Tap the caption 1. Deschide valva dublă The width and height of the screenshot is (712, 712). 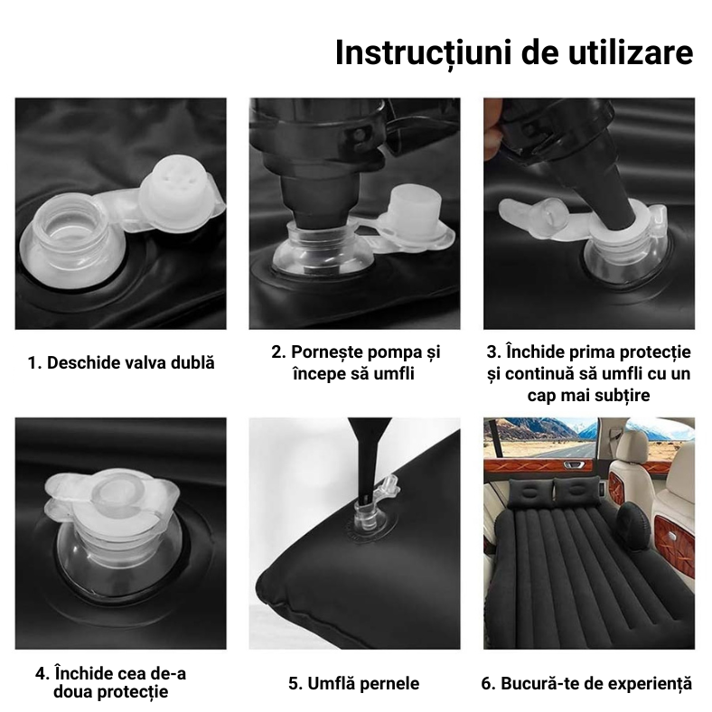121,362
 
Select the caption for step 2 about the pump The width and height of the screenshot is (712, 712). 355,362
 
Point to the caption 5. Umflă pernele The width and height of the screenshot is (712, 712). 354,683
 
